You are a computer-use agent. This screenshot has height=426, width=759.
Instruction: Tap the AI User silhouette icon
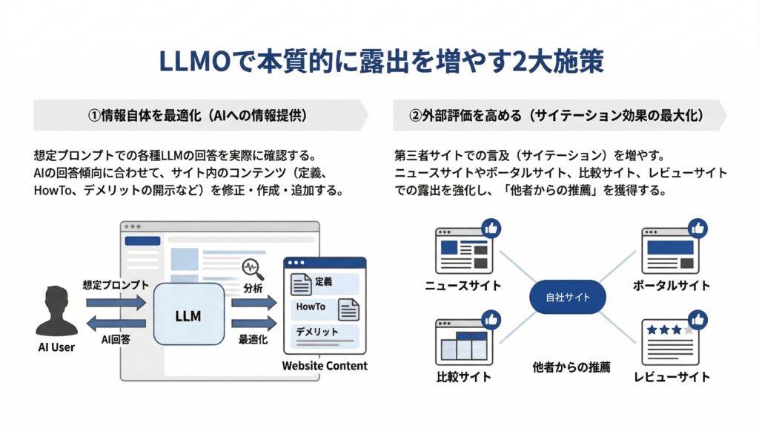pyautogui.click(x=56, y=312)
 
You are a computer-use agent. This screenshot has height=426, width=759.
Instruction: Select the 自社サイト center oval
pyautogui.click(x=569, y=298)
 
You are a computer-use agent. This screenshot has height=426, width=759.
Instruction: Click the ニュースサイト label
pyautogui.click(x=463, y=286)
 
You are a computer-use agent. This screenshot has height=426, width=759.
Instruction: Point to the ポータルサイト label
pyautogui.click(x=672, y=286)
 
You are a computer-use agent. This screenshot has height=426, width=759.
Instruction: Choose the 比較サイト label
pyautogui.click(x=463, y=377)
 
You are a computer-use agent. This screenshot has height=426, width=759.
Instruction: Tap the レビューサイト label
pyautogui.click(x=672, y=377)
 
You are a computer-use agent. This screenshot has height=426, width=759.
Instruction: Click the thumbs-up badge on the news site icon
pyautogui.click(x=490, y=229)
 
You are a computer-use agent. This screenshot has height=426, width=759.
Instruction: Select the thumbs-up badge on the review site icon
pyautogui.click(x=697, y=320)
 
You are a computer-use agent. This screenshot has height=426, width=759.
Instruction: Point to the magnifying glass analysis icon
pyautogui.click(x=253, y=268)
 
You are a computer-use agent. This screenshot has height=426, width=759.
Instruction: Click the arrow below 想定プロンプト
pyautogui.click(x=116, y=302)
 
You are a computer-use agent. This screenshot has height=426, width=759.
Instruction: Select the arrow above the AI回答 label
pyautogui.click(x=116, y=324)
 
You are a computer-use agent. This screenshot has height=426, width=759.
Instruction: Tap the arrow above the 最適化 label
pyautogui.click(x=253, y=324)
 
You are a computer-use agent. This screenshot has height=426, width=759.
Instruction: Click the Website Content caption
pyautogui.click(x=325, y=365)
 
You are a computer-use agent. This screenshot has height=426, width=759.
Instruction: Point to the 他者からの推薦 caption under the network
pyautogui.click(x=571, y=367)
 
